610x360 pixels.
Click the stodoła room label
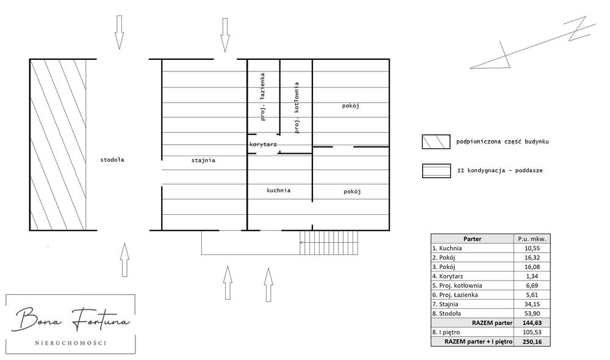pyautogui.click(x=112, y=160)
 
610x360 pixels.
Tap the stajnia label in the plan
pyautogui.click(x=203, y=160)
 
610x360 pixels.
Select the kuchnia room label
pyautogui.click(x=279, y=190)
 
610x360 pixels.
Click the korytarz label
pyautogui.click(x=264, y=145)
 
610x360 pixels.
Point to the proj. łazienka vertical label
pyautogui.click(x=262, y=96)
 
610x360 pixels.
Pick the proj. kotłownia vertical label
pyautogui.click(x=296, y=107)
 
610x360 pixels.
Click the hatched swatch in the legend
pyautogui.click(x=436, y=142)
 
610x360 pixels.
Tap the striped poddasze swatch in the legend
pyautogui.click(x=436, y=171)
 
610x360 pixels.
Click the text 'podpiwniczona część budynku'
pyautogui.click(x=502, y=142)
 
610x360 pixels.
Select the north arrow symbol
pyautogui.click(x=533, y=43)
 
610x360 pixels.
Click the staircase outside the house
pyautogui.click(x=328, y=242)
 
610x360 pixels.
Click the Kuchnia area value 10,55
pyautogui.click(x=532, y=248)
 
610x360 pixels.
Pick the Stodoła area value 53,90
pyautogui.click(x=532, y=314)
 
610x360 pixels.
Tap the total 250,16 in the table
pyautogui.click(x=532, y=342)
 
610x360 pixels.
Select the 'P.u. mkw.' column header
pyautogui.click(x=532, y=239)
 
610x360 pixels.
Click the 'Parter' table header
pyautogui.click(x=472, y=239)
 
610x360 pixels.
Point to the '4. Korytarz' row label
pyautogui.click(x=447, y=276)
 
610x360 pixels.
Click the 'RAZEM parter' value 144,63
pyautogui.click(x=532, y=323)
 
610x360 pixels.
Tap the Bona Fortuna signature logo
pyautogui.click(x=71, y=319)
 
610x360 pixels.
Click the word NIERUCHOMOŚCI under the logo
pyautogui.click(x=71, y=343)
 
